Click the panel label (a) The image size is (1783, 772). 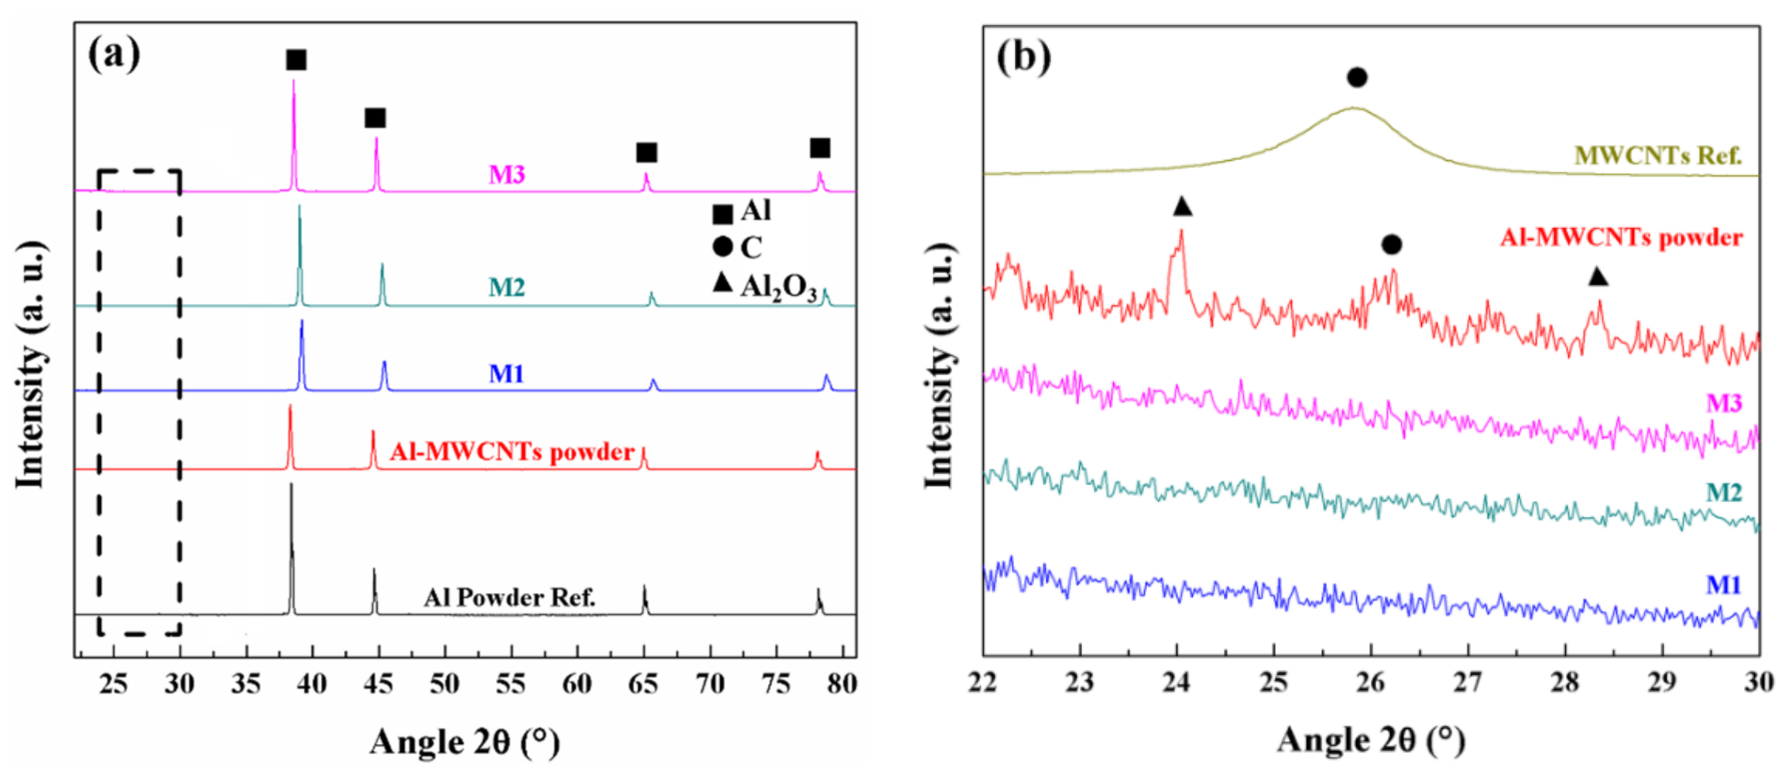pyautogui.click(x=113, y=54)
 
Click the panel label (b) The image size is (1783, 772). pyautogui.click(x=1023, y=57)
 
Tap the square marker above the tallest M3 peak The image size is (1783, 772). pyautogui.click(x=296, y=60)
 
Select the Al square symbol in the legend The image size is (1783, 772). pyautogui.click(x=723, y=214)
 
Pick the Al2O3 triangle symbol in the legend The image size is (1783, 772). pyautogui.click(x=723, y=282)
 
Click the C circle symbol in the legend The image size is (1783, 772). pyautogui.click(x=723, y=247)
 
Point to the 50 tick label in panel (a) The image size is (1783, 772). pyautogui.click(x=445, y=684)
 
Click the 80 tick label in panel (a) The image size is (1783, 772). pyautogui.click(x=841, y=684)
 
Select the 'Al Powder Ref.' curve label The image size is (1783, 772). pyautogui.click(x=510, y=597)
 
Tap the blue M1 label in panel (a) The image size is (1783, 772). pyautogui.click(x=507, y=374)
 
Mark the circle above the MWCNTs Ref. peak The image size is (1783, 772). pyautogui.click(x=1357, y=77)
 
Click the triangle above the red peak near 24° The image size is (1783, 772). pyautogui.click(x=1182, y=206)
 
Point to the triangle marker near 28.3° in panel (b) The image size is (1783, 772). pyautogui.click(x=1598, y=278)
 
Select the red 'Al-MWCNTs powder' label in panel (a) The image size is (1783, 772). pyautogui.click(x=512, y=452)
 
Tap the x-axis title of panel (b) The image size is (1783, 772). pyautogui.click(x=1371, y=741)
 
